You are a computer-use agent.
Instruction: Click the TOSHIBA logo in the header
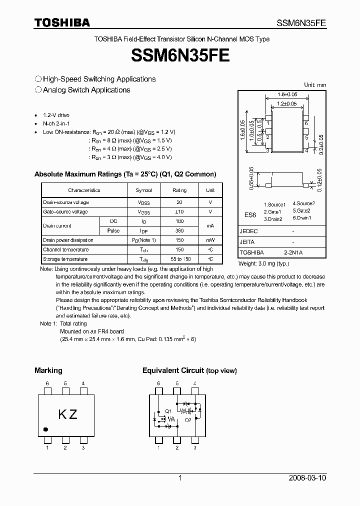(x=62, y=22)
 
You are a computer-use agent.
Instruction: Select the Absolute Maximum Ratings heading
(x=125, y=174)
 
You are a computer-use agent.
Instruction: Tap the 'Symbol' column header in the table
(x=144, y=190)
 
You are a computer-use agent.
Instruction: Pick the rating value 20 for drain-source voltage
(x=179, y=202)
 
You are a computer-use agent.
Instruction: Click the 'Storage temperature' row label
(x=65, y=259)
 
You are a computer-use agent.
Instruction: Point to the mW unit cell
(x=210, y=240)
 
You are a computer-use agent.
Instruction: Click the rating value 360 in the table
(x=179, y=230)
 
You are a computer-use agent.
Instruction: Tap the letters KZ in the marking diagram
(x=68, y=414)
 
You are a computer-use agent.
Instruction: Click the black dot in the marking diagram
(x=46, y=429)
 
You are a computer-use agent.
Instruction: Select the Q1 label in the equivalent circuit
(x=168, y=411)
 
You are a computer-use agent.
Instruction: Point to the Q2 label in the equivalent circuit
(x=187, y=420)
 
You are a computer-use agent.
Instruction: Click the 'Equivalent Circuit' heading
(x=173, y=370)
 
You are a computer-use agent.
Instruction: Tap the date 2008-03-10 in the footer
(x=307, y=478)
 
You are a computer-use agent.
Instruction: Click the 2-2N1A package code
(x=293, y=253)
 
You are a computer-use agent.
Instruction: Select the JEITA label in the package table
(x=248, y=242)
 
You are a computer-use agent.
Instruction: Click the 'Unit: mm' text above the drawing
(x=315, y=85)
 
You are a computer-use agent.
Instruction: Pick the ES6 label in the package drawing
(x=250, y=214)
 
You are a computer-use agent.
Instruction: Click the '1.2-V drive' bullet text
(x=56, y=115)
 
